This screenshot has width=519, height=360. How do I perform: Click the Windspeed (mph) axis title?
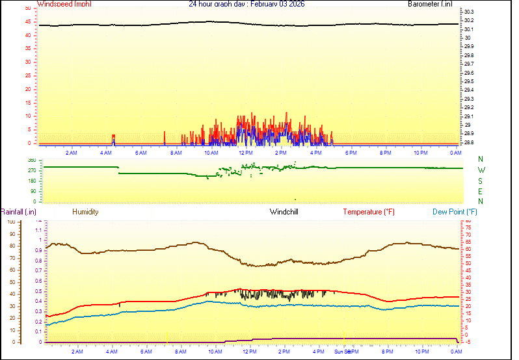pyautogui.click(x=64, y=4)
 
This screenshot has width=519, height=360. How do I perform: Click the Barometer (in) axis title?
pyautogui.click(x=430, y=4)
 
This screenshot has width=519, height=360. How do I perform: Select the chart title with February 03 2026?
pyautogui.click(x=246, y=4)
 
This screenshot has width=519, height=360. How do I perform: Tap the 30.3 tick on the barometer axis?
pyautogui.click(x=469, y=12)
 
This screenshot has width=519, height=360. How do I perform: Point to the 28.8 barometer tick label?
pyautogui.click(x=469, y=142)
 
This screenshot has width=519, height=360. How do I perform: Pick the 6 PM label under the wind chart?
pyautogui.click(x=351, y=153)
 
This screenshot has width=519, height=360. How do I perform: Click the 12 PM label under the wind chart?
pyautogui.click(x=246, y=153)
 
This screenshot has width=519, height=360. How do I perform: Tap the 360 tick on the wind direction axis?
pyautogui.click(x=32, y=160)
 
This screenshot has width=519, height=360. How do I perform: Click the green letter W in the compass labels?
pyautogui.click(x=481, y=170)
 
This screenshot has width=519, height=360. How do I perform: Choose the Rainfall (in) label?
pyautogui.click(x=18, y=212)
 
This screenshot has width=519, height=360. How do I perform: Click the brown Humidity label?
pyautogui.click(x=85, y=212)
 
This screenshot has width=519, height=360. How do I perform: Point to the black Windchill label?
pyautogui.click(x=284, y=212)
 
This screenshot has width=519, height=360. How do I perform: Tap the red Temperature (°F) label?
pyautogui.click(x=369, y=212)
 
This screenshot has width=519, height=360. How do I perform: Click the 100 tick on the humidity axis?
pyautogui.click(x=11, y=222)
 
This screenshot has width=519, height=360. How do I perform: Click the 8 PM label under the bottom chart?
pyautogui.click(x=387, y=352)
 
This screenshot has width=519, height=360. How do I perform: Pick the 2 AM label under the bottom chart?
pyautogui.click(x=77, y=352)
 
